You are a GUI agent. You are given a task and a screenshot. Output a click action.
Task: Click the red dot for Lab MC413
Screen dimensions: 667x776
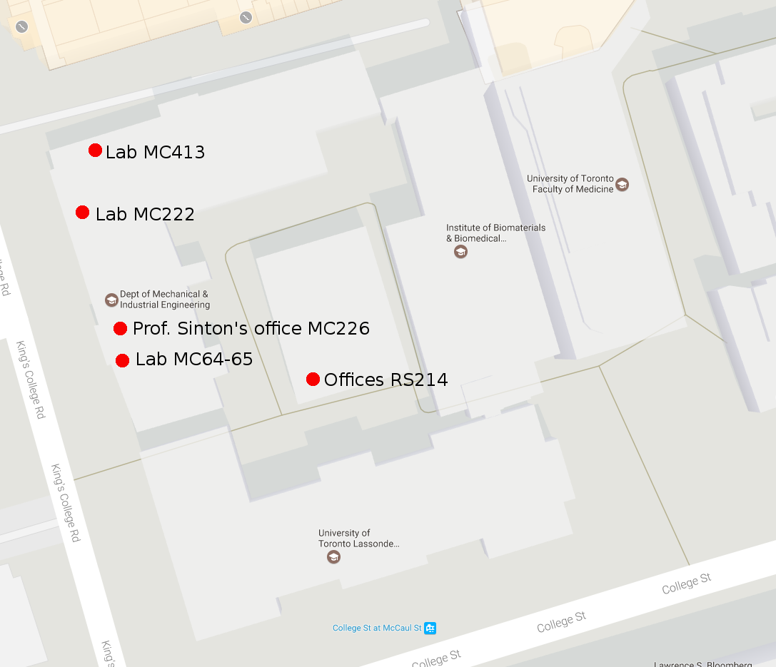(95, 150)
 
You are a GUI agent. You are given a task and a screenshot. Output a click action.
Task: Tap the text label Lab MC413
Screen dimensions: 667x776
(155, 152)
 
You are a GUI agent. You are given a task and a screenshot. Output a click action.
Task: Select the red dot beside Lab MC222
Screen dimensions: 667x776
(82, 212)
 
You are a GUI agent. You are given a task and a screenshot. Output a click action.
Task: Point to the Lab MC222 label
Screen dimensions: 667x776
(145, 214)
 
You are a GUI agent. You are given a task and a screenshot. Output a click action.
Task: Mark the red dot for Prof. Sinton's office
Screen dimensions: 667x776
(120, 328)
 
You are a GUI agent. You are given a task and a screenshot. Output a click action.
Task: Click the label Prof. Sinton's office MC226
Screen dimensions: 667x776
(251, 329)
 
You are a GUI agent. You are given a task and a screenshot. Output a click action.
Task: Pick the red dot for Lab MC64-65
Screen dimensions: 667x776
(122, 360)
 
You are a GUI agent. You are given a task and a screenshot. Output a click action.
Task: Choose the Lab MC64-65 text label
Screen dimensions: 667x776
(194, 360)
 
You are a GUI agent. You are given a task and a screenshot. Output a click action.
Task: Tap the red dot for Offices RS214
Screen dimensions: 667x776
(313, 379)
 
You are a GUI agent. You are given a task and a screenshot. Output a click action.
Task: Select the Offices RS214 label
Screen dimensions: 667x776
(386, 380)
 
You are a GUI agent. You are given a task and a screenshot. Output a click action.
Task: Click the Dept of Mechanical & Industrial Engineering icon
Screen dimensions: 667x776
(111, 300)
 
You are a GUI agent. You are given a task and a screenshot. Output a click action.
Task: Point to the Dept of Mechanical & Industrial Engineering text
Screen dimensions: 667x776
(165, 300)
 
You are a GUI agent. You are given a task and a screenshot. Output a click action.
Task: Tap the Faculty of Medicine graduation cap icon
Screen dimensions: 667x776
(622, 184)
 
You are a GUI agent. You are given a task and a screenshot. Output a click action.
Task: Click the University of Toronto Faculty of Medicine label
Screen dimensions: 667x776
(570, 184)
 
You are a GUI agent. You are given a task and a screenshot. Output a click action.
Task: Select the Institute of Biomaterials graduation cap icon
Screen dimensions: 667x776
(460, 251)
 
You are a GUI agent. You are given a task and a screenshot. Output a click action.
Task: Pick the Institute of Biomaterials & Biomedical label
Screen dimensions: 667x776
(495, 233)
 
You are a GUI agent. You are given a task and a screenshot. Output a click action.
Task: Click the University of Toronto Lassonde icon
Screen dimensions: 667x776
(333, 556)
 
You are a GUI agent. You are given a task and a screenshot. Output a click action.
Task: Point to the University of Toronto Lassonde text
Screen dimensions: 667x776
(358, 538)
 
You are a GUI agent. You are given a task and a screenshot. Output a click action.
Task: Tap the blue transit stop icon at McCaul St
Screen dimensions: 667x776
(430, 628)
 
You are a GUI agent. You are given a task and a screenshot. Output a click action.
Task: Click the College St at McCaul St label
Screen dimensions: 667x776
(377, 628)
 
